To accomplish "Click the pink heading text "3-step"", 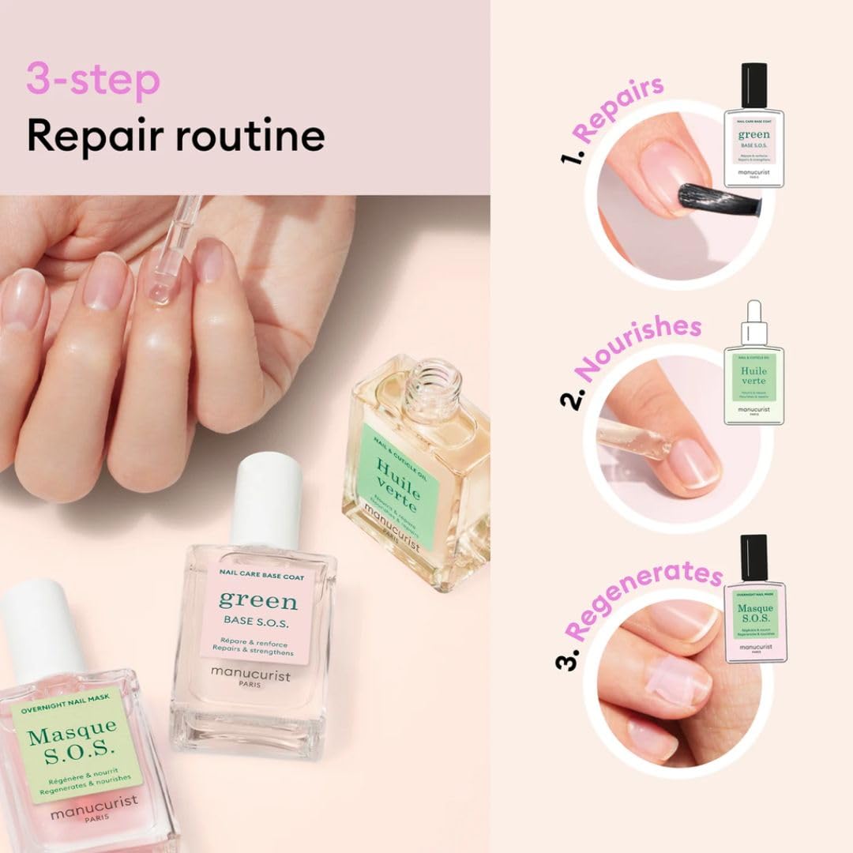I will coord(93,81).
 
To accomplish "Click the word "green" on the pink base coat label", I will coord(257,600).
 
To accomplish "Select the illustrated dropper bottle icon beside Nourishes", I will coord(753,363).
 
